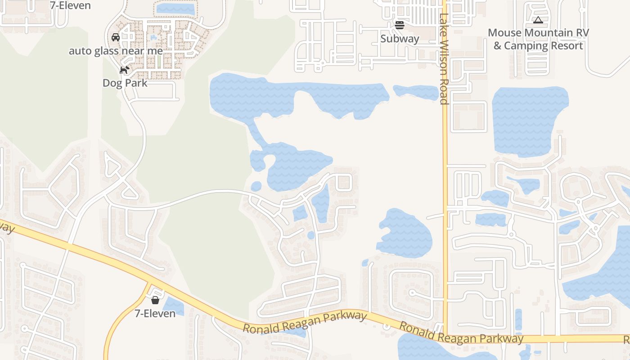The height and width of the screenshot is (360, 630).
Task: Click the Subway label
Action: pyautogui.click(x=400, y=39)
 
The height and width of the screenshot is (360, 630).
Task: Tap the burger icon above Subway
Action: pyautogui.click(x=400, y=25)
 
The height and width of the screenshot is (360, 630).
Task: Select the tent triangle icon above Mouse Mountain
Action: pyautogui.click(x=538, y=20)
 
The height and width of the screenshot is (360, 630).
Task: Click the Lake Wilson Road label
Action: pyautogui.click(x=444, y=58)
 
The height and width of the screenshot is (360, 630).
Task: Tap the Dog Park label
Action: pyautogui.click(x=125, y=83)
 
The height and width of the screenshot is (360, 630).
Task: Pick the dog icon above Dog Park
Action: pyautogui.click(x=125, y=70)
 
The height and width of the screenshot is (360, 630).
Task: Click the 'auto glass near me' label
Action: pyautogui.click(x=116, y=51)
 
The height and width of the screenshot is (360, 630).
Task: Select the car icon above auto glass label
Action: pyautogui.click(x=116, y=37)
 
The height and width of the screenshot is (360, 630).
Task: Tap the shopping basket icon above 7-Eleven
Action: pyautogui.click(x=155, y=300)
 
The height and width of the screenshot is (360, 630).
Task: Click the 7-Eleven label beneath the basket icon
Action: pyautogui.click(x=155, y=313)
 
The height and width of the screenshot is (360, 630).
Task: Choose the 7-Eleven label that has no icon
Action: pyautogui.click(x=71, y=5)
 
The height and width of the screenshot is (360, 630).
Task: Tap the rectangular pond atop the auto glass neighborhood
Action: pyautogui.click(x=175, y=8)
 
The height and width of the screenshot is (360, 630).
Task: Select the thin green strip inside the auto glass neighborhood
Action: pyautogui.click(x=159, y=60)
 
